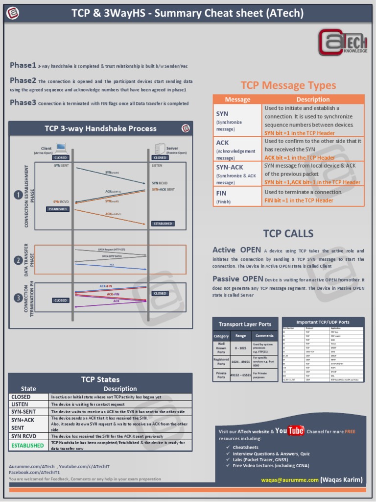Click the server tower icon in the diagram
point(160,148)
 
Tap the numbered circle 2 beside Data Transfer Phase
point(18,260)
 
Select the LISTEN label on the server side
point(157,166)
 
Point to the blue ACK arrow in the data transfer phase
point(112,266)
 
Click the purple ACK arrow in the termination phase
point(112,303)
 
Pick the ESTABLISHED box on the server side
point(163,224)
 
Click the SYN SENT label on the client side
point(61,166)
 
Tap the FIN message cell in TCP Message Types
point(237,197)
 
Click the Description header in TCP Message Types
point(313,100)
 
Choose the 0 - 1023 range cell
point(240,348)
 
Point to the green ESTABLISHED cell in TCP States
point(27,445)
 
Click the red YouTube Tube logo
point(296,431)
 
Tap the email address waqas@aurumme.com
point(289,479)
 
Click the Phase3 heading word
point(23,102)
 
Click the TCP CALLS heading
point(288,233)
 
